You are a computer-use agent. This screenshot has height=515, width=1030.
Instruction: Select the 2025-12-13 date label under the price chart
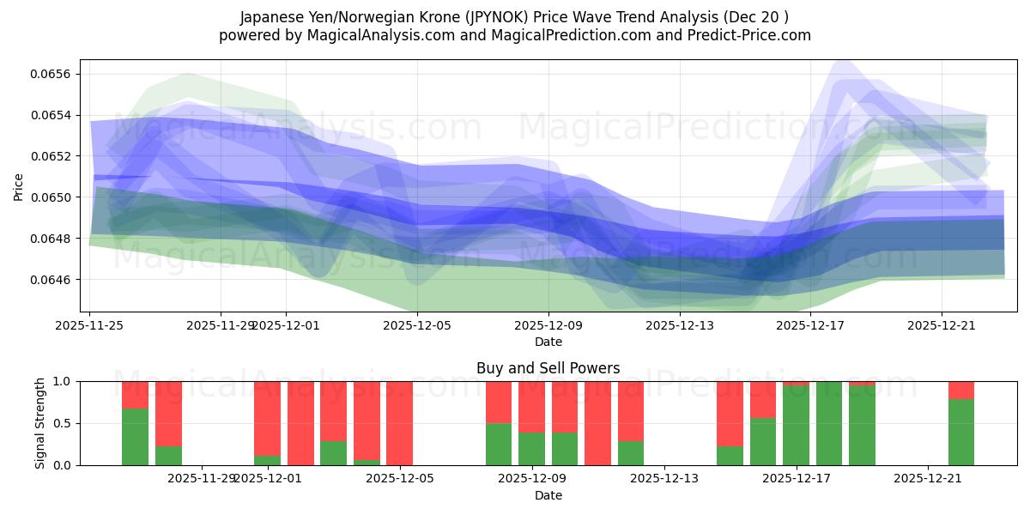click(x=679, y=325)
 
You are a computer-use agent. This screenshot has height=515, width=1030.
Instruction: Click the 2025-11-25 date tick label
click(x=90, y=325)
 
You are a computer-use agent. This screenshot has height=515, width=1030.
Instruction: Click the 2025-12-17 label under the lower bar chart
click(x=797, y=478)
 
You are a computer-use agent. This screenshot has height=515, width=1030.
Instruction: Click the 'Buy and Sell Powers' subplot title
click(x=548, y=368)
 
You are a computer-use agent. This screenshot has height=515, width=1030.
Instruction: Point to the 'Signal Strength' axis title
click(x=40, y=423)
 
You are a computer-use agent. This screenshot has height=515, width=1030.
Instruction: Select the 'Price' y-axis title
click(x=19, y=187)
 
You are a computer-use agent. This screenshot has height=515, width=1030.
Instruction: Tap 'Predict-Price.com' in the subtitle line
click(x=753, y=35)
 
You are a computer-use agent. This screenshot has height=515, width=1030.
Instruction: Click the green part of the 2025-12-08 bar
click(x=499, y=444)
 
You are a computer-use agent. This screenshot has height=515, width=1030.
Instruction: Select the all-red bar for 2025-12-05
click(x=400, y=423)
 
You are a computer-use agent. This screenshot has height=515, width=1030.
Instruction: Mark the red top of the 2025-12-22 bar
click(x=961, y=390)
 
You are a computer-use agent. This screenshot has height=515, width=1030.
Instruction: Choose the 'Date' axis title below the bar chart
click(x=548, y=495)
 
